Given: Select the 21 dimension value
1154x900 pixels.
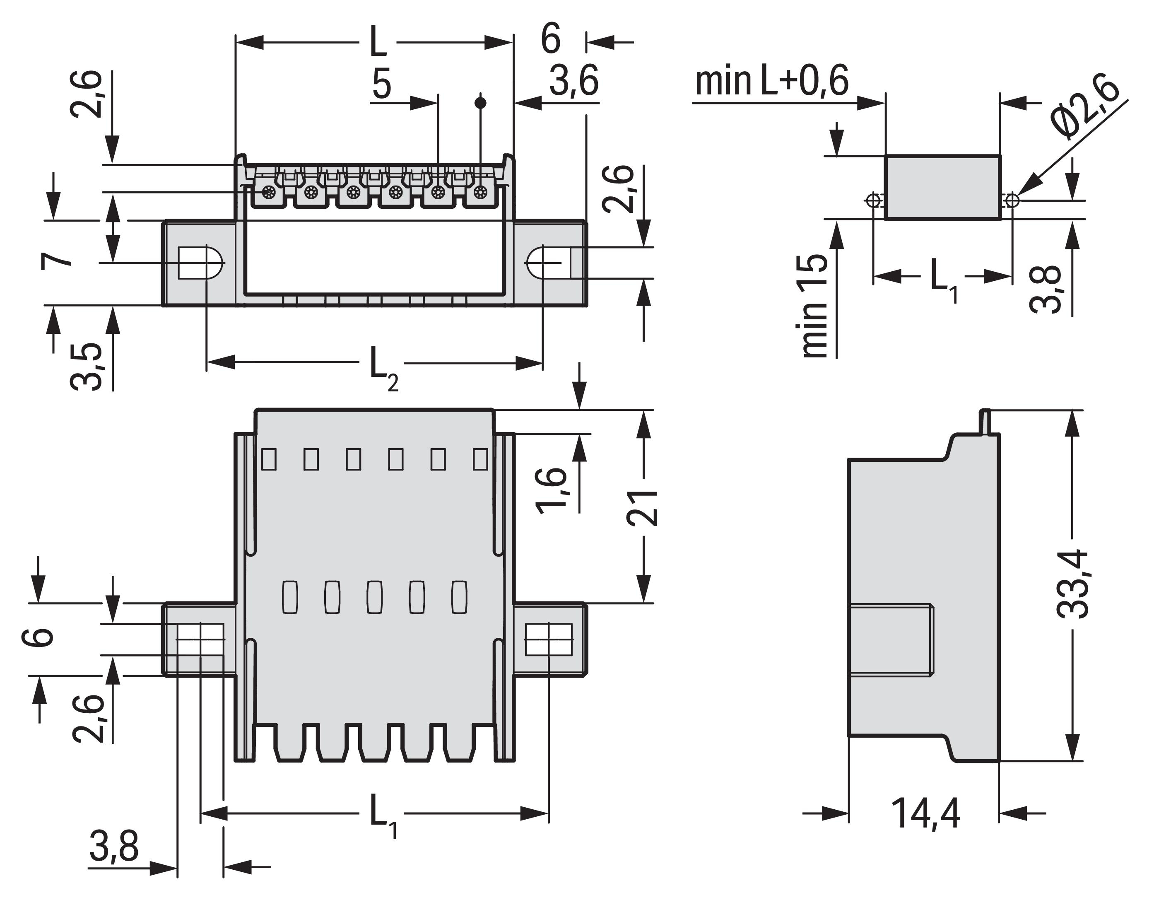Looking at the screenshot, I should [x=643, y=508].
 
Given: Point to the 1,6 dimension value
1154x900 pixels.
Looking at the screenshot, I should [x=551, y=490].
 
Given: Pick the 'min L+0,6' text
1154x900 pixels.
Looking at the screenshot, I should [x=771, y=80].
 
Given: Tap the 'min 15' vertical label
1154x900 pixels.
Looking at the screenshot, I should [x=813, y=306].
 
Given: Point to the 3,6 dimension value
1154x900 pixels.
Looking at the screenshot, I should [x=573, y=80].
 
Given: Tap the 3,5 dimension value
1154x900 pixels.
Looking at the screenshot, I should [x=86, y=366].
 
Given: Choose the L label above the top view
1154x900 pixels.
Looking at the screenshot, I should [x=377, y=42].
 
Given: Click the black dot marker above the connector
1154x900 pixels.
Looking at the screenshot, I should [x=480, y=103].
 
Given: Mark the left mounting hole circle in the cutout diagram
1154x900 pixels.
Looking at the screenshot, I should [x=873, y=201].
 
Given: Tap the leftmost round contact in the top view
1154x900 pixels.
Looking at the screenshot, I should [x=268, y=193].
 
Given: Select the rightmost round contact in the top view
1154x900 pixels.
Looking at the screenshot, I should [x=480, y=193].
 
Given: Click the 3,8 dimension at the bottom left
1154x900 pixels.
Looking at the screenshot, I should [x=113, y=846].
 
